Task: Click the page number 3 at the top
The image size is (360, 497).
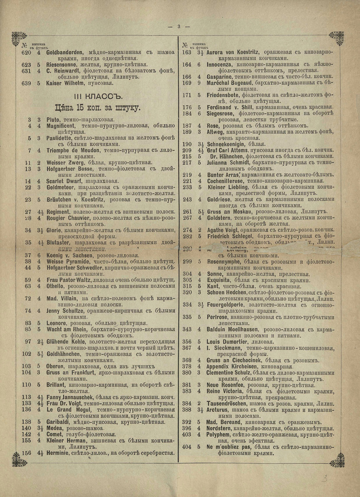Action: coord(179,26)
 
